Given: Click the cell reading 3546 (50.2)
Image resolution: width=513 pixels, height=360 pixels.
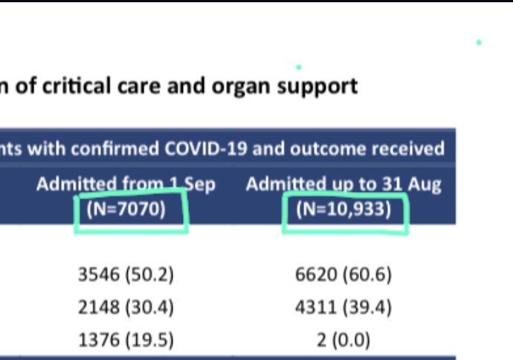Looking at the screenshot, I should click(x=126, y=275).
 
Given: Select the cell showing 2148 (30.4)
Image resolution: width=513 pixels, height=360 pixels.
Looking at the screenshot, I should click(x=126, y=307).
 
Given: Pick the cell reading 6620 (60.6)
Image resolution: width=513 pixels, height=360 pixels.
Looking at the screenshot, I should click(x=343, y=275).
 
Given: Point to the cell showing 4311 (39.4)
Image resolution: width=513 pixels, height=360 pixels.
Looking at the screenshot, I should click(x=343, y=307).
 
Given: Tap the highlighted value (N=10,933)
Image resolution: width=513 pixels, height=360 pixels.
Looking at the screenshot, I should click(x=343, y=209).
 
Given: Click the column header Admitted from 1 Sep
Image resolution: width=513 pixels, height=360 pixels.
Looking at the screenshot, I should click(x=126, y=184).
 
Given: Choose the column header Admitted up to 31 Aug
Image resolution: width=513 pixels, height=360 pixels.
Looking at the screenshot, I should click(x=343, y=184).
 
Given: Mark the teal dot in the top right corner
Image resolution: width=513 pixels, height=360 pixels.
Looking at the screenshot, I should click(x=479, y=42).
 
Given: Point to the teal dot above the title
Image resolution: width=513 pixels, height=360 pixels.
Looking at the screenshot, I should click(x=299, y=67).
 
